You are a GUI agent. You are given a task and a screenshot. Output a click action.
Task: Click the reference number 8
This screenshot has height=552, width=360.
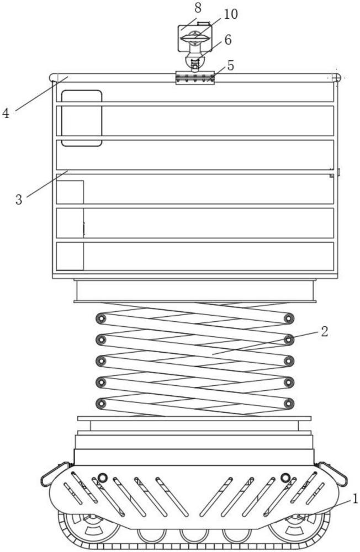tap(198, 8)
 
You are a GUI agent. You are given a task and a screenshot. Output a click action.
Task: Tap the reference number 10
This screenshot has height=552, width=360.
tap(231, 14)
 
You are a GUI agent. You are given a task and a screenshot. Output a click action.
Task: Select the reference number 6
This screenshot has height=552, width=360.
tap(228, 40)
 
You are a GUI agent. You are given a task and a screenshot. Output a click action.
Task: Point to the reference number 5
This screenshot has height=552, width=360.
tap(231, 66)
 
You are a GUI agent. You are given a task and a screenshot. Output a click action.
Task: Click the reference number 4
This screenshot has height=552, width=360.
tap(6, 113)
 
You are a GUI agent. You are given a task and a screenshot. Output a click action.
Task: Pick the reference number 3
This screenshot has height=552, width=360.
tap(19, 200)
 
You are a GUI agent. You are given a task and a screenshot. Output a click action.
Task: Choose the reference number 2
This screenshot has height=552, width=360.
tap(324, 332)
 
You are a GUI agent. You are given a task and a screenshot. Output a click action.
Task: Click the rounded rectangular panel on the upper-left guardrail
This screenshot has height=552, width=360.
tap(82, 118)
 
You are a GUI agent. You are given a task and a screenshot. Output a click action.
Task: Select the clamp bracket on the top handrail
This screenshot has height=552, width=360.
tap(195, 77)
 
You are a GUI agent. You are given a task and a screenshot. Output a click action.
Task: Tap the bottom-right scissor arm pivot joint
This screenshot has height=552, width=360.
tap(289, 404)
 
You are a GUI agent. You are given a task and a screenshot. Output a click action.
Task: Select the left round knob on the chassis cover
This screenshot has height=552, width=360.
tap(103, 477)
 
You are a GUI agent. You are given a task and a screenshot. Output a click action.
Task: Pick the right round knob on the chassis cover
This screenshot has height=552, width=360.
tap(285, 477)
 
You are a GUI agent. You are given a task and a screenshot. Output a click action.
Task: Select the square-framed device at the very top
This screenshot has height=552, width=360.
tap(195, 38)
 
